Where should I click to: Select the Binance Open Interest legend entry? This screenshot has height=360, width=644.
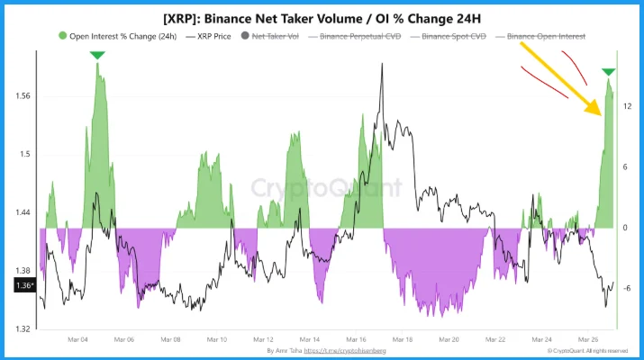(547, 36)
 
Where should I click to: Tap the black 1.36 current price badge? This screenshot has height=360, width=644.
(24, 285)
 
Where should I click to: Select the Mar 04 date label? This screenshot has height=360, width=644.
(78, 341)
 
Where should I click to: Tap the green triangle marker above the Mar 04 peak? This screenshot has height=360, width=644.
(96, 57)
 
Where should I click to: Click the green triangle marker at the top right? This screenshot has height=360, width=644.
(609, 72)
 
